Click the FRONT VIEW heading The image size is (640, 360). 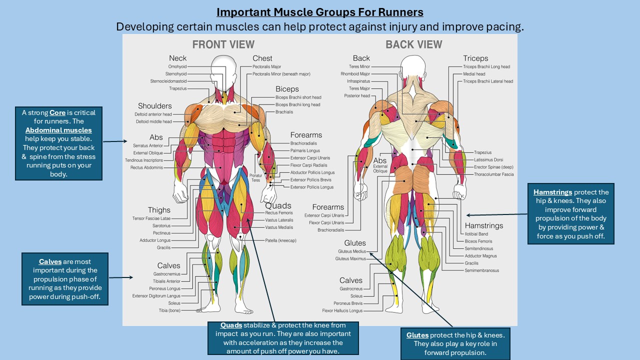[x=223, y=44]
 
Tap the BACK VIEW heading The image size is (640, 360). [x=413, y=44]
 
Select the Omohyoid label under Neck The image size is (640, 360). [x=177, y=66]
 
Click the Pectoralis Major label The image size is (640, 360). [x=266, y=66]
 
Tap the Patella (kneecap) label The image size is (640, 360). [x=280, y=240]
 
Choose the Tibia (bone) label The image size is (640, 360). [x=169, y=310]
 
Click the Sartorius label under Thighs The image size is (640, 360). [x=161, y=225]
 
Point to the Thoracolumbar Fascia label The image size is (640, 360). [x=493, y=174]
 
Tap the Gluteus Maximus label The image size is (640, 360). [x=350, y=259]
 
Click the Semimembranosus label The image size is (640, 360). [x=481, y=270]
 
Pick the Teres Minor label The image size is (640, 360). [x=359, y=66]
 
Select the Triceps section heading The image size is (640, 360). [x=475, y=58]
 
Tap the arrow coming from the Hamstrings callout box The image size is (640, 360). [x=495, y=214]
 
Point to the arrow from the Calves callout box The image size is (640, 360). [x=120, y=277]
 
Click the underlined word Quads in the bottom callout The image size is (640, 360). [x=231, y=325]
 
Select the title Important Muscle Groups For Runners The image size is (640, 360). [x=319, y=12]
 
